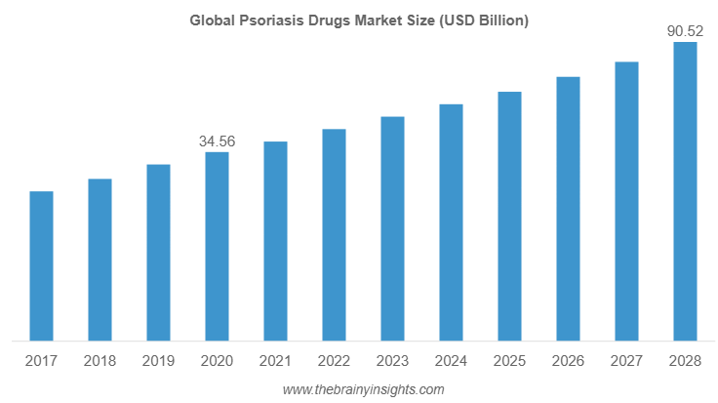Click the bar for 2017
tap(41, 266)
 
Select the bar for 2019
tap(158, 253)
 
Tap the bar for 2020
tap(217, 246)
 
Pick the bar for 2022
tap(334, 235)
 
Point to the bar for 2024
tap(451, 222)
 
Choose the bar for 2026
tap(568, 209)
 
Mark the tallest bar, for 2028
tap(686, 191)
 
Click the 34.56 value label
tap(217, 141)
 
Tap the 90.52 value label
tap(685, 31)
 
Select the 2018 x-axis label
tap(100, 362)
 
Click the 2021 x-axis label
tap(275, 362)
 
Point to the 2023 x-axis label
tap(392, 362)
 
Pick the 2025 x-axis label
tap(509, 362)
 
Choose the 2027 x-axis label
tap(626, 362)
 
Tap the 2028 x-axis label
tap(685, 362)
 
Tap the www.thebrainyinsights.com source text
tap(363, 389)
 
